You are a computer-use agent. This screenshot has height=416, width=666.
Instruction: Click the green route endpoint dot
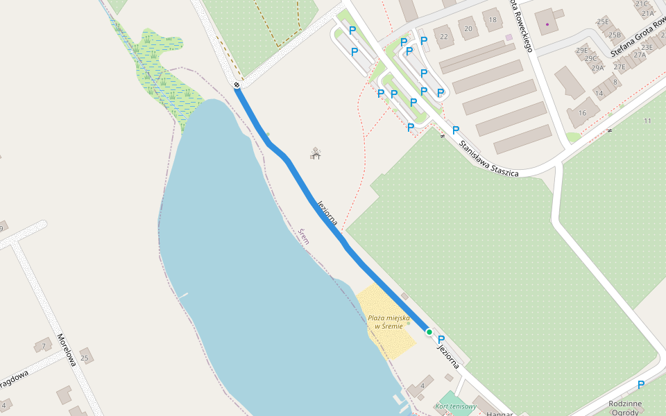click(429, 333)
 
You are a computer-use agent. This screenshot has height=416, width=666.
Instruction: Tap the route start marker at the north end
click(237, 85)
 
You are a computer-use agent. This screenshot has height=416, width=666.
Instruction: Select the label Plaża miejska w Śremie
click(388, 322)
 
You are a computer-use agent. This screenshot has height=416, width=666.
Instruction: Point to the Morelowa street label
click(66, 350)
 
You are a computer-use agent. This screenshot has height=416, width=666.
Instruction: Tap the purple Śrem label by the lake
click(304, 237)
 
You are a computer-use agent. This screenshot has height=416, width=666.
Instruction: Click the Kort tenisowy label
click(456, 406)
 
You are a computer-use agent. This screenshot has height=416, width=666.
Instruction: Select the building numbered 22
click(444, 36)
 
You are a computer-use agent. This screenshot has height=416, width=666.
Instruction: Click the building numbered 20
click(469, 28)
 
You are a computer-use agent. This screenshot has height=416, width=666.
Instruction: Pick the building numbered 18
click(493, 20)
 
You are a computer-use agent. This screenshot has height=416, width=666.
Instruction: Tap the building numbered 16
click(583, 112)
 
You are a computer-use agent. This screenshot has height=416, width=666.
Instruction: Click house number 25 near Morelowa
click(85, 358)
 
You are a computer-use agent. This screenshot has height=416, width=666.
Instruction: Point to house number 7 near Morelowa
click(44, 345)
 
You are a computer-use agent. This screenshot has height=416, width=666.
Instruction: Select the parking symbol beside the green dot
click(441, 340)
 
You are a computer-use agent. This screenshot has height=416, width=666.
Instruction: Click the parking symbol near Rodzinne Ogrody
click(641, 385)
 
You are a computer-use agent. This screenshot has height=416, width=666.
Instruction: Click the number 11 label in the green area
click(648, 121)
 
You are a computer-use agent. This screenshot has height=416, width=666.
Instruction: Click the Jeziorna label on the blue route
click(327, 214)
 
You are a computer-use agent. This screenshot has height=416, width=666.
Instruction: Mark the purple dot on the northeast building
click(547, 24)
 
